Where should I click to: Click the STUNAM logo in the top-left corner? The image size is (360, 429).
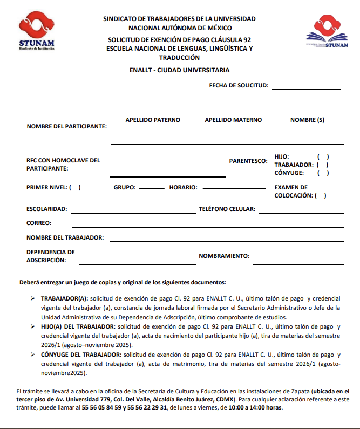pos(36,30)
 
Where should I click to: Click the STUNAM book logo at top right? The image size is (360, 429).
pos(323,33)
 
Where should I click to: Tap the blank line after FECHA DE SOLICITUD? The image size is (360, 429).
pos(307,88)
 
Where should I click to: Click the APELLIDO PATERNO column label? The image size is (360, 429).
pos(153,120)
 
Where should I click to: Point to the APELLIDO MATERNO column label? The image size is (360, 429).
pos(233,120)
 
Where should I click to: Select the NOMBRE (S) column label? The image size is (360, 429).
pos(307,120)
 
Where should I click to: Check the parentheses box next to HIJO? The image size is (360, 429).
pos(323,156)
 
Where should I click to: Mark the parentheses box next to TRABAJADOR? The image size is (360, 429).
pos(322,165)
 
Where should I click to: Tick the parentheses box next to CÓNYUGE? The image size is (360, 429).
pos(323,173)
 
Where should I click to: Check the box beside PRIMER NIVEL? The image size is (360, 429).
pos(75,188)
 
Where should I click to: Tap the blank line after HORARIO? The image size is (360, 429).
pos(231,188)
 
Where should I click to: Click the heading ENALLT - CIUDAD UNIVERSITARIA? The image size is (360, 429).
pos(180,70)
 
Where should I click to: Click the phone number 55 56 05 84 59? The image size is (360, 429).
pos(98,407)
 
